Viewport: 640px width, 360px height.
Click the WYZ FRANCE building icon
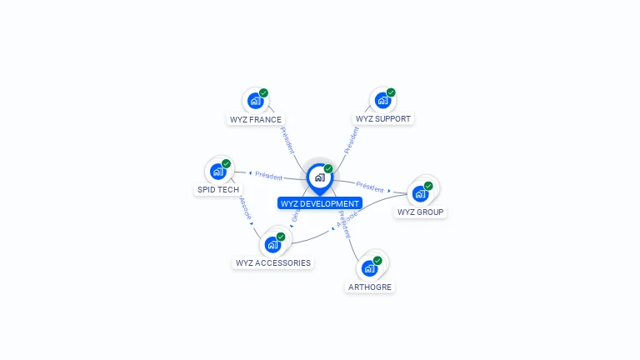(x=255, y=101)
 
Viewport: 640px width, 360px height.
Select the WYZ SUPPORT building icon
(x=382, y=101)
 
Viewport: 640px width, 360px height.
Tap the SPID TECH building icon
(x=218, y=172)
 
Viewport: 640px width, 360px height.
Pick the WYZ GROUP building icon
(x=420, y=193)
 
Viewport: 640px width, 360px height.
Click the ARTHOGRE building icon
(x=369, y=268)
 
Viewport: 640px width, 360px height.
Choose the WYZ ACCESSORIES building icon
(x=272, y=245)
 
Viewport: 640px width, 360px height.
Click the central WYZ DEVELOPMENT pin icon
(x=319, y=177)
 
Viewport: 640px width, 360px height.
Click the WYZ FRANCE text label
(x=255, y=119)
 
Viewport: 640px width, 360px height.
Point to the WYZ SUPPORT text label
(x=383, y=119)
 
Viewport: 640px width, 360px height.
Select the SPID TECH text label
(x=218, y=190)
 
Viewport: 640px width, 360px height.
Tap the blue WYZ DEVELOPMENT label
(x=320, y=203)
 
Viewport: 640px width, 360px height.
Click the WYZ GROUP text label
(x=420, y=212)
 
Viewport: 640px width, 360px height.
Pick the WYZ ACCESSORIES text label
(x=273, y=263)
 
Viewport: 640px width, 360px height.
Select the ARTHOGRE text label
(x=370, y=287)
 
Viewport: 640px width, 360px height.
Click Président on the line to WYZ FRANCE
(x=286, y=139)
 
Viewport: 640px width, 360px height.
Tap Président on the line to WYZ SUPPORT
(x=352, y=139)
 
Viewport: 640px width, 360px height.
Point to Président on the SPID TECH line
(x=268, y=176)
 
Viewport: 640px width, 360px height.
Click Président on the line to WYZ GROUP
(x=370, y=186)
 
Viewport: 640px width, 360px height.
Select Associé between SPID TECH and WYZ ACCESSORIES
(x=245, y=208)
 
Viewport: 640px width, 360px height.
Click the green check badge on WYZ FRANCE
(x=263, y=93)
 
